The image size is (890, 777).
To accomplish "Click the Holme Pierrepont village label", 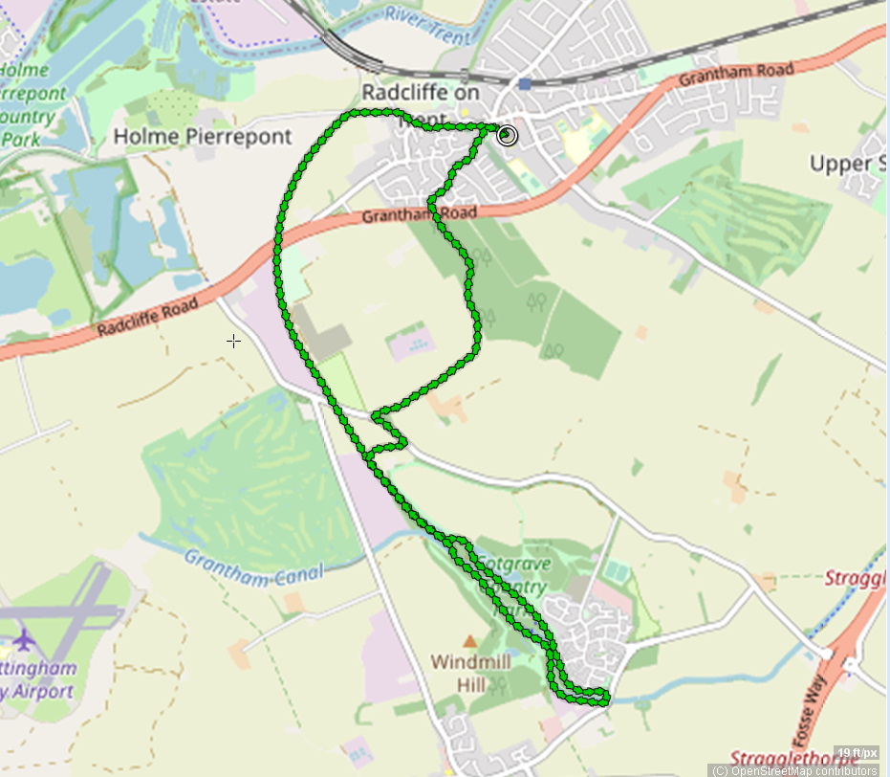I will pyautogui.click(x=202, y=137).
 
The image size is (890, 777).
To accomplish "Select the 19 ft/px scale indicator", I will pyautogui.click(x=856, y=752).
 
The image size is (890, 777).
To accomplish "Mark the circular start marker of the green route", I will pyautogui.click(x=508, y=135).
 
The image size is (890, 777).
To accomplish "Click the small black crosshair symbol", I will pyautogui.click(x=233, y=341).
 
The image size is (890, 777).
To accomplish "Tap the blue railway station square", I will pyautogui.click(x=525, y=83).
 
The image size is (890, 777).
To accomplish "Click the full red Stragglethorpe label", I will pyautogui.click(x=793, y=760).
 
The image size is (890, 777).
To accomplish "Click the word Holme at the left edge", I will pyautogui.click(x=23, y=71).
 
